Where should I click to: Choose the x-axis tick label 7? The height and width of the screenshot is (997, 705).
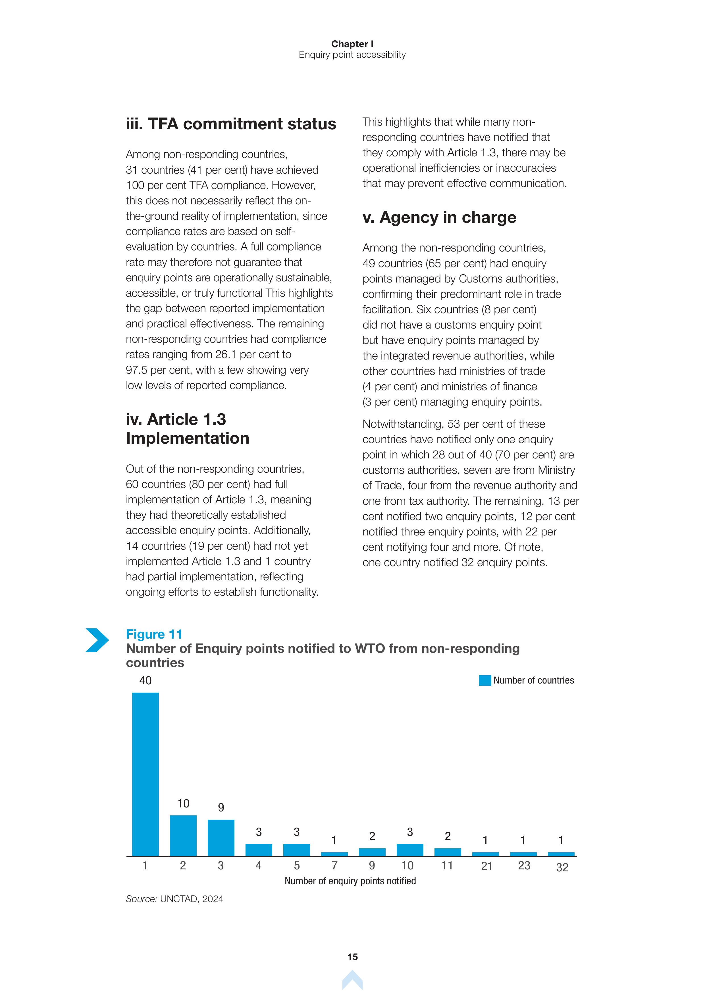(x=334, y=866)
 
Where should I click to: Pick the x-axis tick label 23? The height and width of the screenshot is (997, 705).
(x=524, y=866)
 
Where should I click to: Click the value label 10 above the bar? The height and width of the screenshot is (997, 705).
(x=183, y=804)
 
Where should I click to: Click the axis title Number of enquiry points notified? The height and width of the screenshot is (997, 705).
(x=350, y=881)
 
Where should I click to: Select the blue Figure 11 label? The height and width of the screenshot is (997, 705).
(x=154, y=634)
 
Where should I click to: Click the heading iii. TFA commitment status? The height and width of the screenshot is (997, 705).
(x=231, y=124)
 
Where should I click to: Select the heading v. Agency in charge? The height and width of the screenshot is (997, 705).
(x=439, y=217)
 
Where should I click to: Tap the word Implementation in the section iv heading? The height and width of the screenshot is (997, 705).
(x=188, y=439)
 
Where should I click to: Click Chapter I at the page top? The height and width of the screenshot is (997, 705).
(x=352, y=44)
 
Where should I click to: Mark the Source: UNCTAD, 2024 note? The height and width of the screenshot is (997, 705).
(x=174, y=899)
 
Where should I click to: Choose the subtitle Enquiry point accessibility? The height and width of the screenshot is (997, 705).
(x=352, y=55)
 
